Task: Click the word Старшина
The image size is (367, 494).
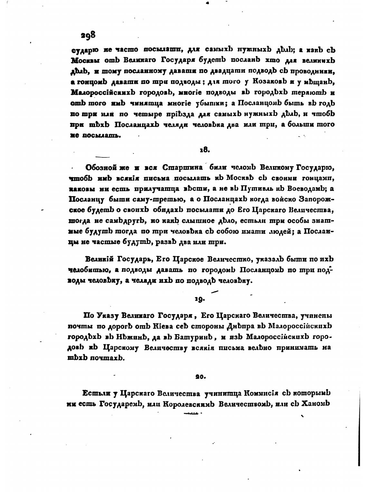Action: click(183, 168)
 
